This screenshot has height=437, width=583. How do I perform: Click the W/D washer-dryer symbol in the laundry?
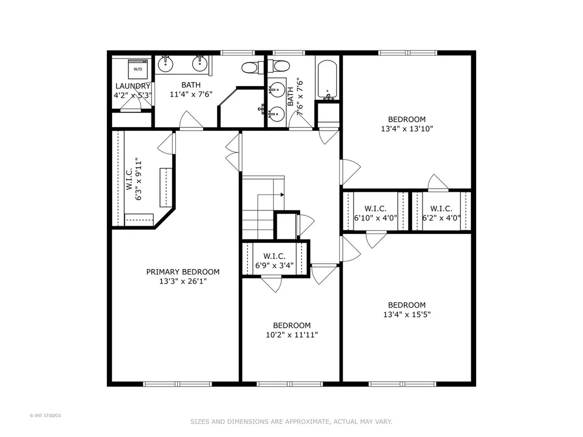point(137,68)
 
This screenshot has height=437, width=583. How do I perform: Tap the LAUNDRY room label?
point(133,86)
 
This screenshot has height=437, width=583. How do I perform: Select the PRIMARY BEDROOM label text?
point(183,272)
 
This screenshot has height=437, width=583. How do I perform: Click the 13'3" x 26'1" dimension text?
point(183,281)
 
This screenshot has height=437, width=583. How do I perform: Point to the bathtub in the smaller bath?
point(328,79)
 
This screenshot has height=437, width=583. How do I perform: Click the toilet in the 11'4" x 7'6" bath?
point(250,68)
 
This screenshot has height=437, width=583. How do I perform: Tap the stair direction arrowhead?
point(283,195)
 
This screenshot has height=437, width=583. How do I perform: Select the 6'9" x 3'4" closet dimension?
point(274,266)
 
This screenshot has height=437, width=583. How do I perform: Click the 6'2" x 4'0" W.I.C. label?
point(441,214)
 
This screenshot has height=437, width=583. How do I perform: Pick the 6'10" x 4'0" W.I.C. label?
point(376,214)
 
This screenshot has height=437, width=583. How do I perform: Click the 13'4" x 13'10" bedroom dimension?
point(407,129)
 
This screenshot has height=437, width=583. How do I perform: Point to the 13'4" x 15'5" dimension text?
point(407,314)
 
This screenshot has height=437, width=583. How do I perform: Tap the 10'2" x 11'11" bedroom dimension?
point(292,335)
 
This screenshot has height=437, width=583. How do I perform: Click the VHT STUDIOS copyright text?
point(45,415)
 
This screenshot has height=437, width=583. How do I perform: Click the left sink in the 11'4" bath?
point(165,64)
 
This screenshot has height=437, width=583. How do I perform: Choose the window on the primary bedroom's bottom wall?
point(177,384)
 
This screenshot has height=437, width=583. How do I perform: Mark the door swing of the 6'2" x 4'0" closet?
point(438,182)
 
